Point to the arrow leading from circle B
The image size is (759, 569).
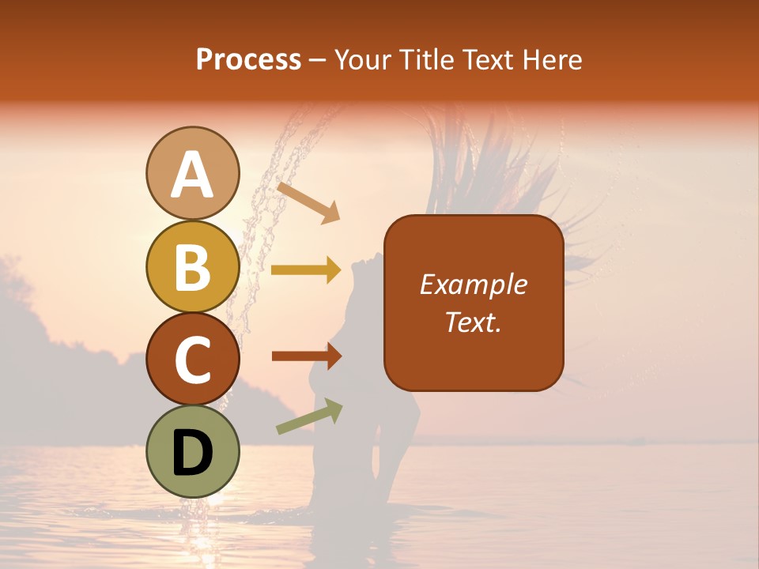306,270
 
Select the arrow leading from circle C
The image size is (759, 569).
306,356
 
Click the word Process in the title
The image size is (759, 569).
248,60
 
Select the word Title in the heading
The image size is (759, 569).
426,60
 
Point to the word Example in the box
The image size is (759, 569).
474,284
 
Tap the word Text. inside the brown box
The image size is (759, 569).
474,322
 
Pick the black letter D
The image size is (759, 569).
192,452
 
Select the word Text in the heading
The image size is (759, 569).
488,60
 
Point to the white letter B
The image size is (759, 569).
192,267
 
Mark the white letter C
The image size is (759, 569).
192,360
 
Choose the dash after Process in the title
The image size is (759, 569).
317,60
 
